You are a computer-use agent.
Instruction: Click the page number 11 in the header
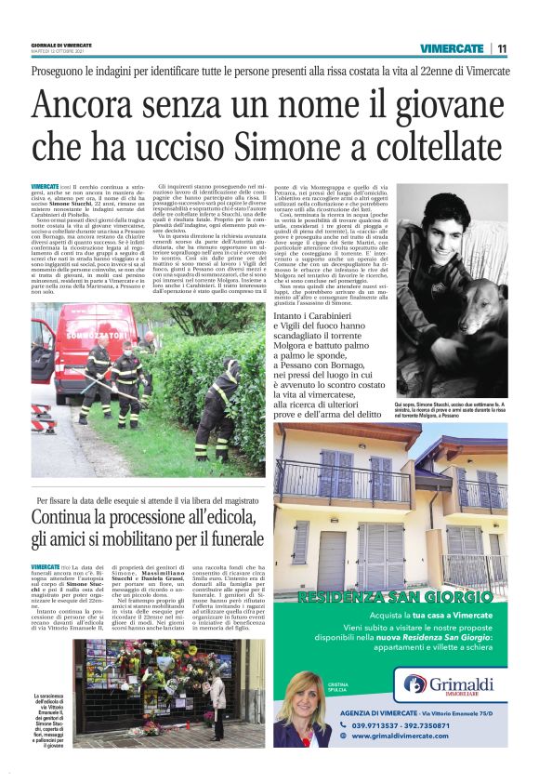502,48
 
